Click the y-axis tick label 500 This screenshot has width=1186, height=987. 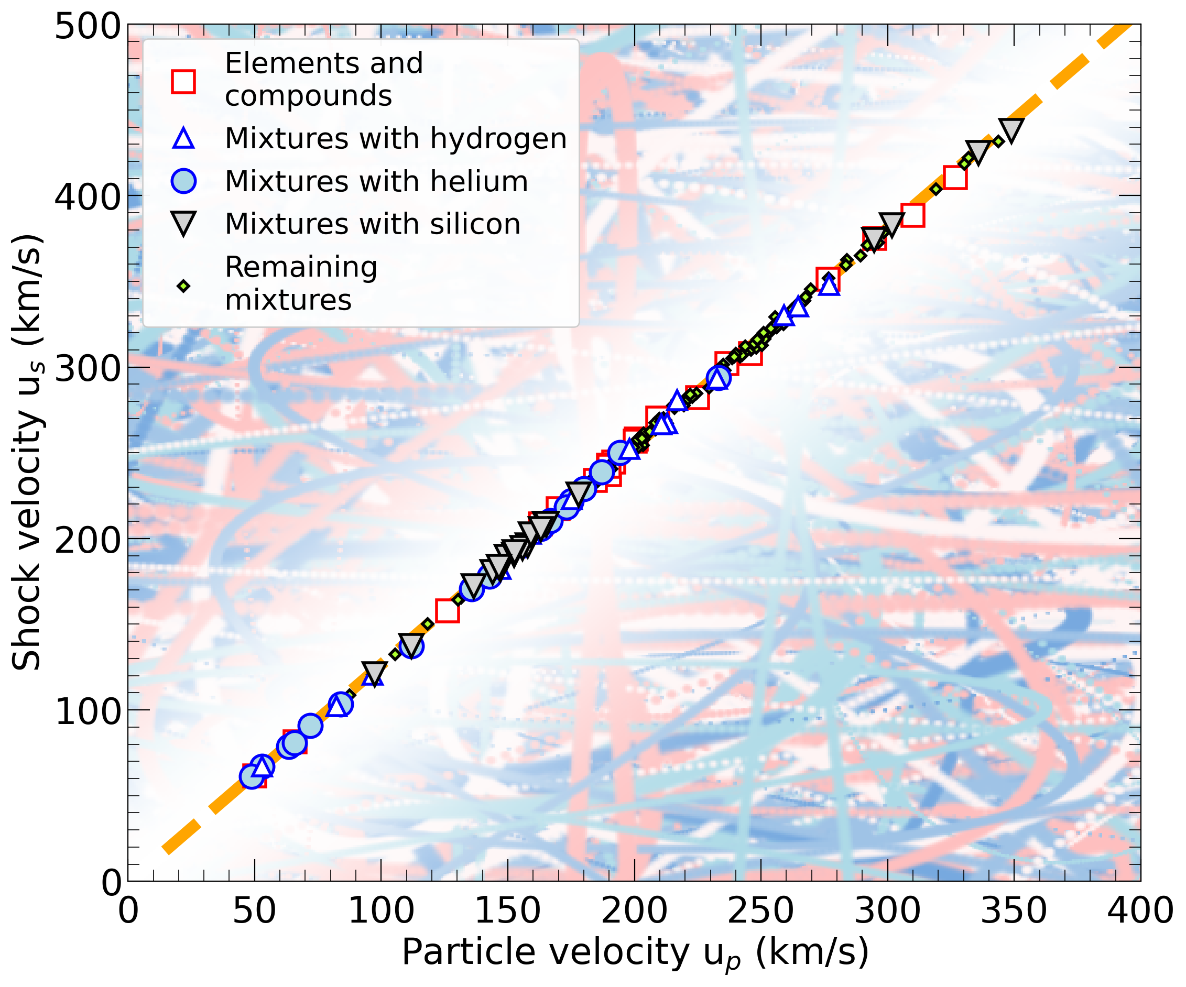(88, 27)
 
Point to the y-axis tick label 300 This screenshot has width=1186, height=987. (88, 369)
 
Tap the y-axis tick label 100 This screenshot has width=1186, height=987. (88, 712)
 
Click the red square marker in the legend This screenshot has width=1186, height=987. (183, 81)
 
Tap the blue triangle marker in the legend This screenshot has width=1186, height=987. (183, 139)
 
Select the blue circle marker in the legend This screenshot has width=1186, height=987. (183, 181)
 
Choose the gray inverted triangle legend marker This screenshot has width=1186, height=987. (183, 224)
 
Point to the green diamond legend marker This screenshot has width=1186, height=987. (183, 286)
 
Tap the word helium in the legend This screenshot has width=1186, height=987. (479, 181)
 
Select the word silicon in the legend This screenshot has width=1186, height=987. (475, 224)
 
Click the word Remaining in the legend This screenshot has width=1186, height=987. (301, 267)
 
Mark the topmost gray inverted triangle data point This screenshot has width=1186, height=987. (1010, 130)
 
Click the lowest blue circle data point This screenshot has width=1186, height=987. (252, 777)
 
